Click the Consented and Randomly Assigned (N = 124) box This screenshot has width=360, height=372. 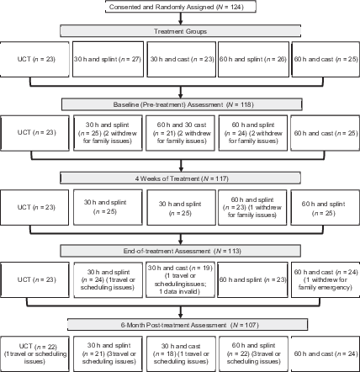(x=178, y=8)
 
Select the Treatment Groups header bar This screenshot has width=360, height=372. (x=178, y=31)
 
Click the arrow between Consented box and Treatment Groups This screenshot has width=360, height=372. (x=178, y=19)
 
